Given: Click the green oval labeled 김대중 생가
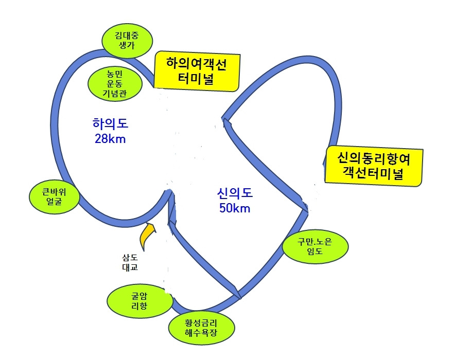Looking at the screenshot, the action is [127, 41].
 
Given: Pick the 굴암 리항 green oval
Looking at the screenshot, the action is [139, 300].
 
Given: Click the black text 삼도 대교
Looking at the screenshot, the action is [129, 262].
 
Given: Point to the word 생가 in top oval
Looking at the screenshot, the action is [127, 46].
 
